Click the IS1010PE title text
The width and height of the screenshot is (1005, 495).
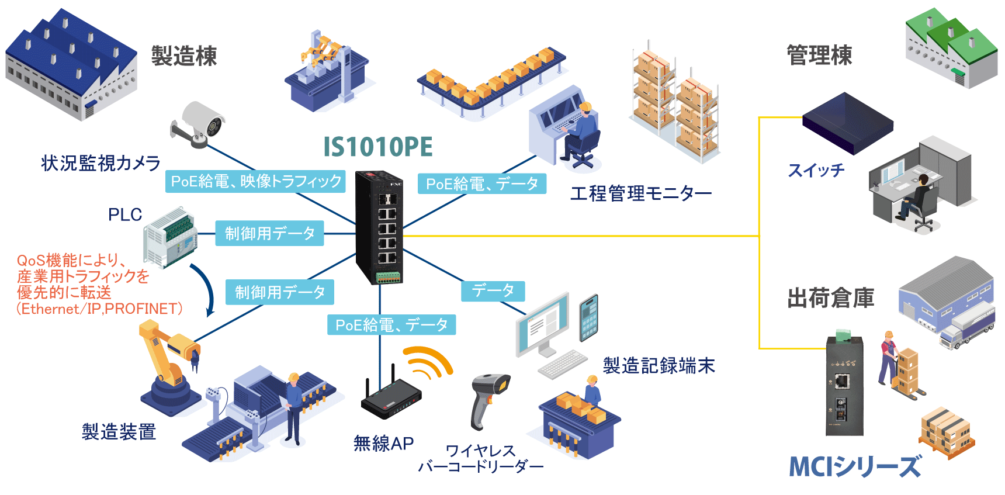378,147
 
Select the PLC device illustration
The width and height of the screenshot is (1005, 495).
170,237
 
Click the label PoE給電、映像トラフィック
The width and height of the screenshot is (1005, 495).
255,181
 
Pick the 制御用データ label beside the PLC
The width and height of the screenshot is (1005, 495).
269,234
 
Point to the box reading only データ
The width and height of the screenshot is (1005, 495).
493,290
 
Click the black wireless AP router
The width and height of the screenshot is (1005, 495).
390,398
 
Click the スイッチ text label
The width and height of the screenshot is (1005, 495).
816,171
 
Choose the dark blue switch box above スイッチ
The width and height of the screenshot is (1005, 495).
847,123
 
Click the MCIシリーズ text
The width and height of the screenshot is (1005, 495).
855,467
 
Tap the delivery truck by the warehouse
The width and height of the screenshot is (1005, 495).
965,327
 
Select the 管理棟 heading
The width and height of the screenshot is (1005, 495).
819,56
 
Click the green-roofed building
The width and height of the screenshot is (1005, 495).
951,48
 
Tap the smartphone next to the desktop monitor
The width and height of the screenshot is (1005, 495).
588,317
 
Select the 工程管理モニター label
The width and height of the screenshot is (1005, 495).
641,193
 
